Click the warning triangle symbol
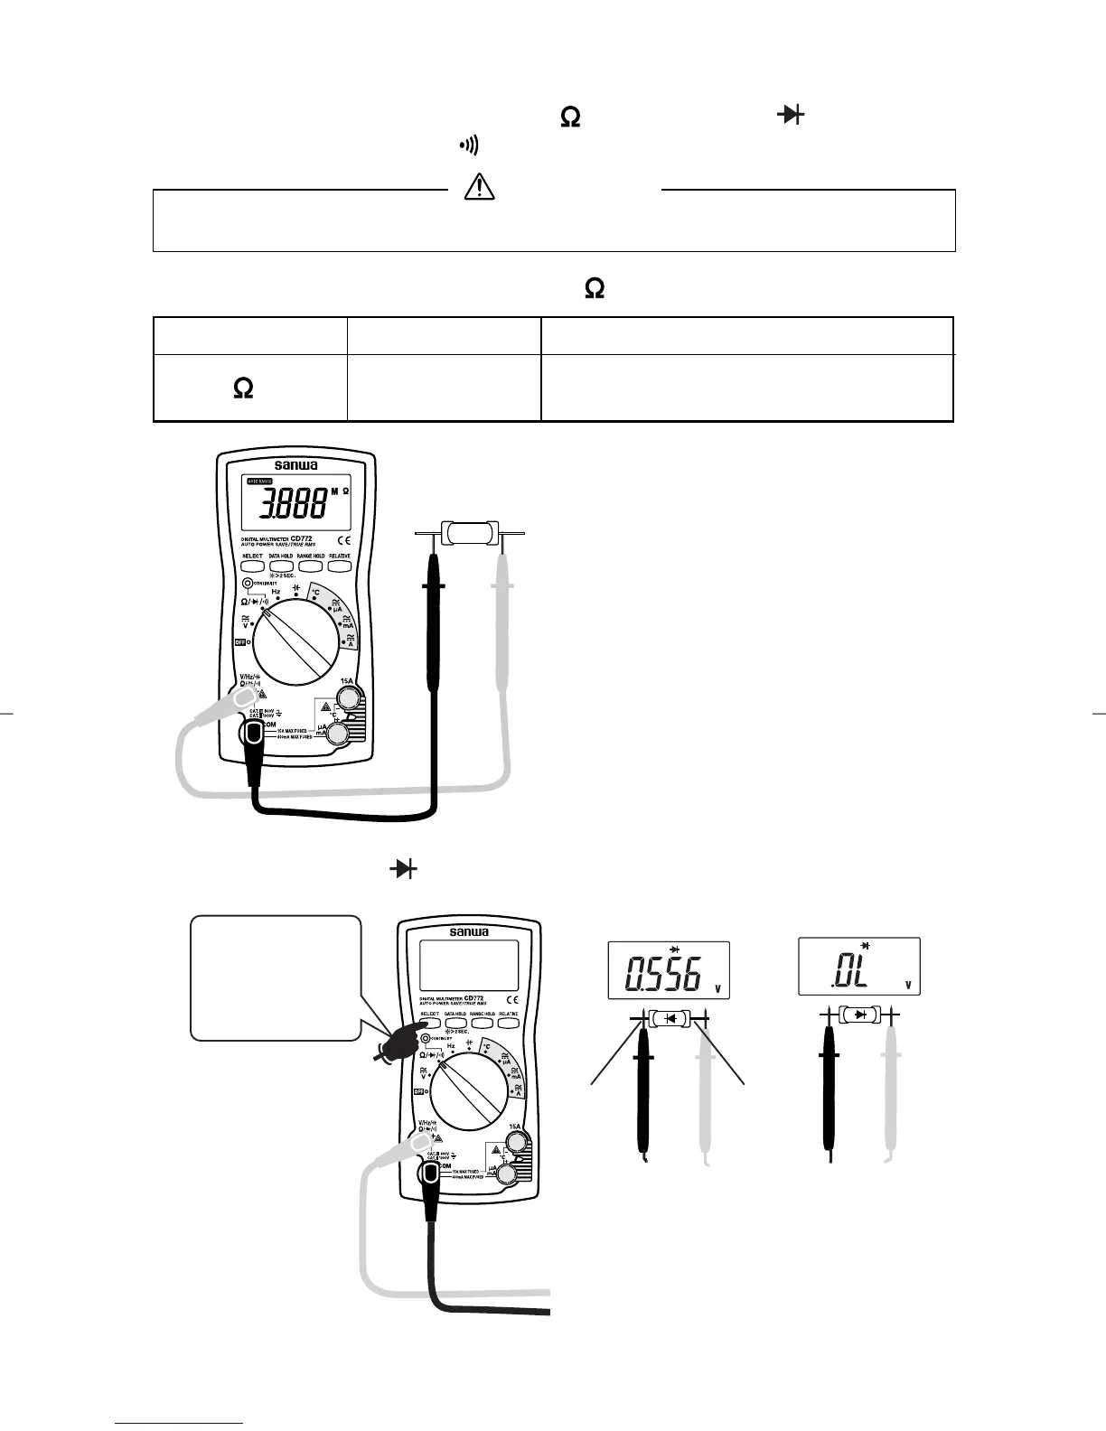(479, 186)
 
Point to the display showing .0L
(858, 967)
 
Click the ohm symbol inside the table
(243, 388)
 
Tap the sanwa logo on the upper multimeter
(295, 465)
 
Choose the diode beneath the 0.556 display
(670, 1018)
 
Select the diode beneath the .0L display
(860, 1015)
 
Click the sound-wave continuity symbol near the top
(470, 145)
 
